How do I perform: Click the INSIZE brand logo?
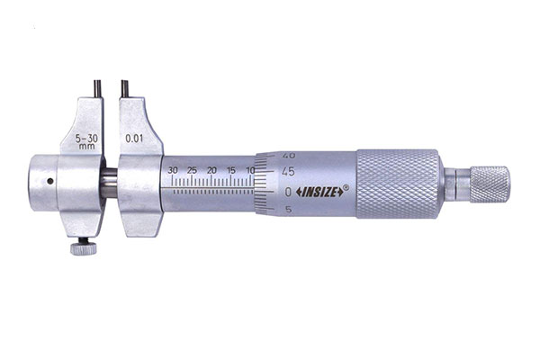point(319,193)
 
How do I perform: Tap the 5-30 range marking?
point(86,138)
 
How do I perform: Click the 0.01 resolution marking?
point(134,139)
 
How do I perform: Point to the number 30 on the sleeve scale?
point(173,170)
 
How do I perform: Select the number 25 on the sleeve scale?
point(193,170)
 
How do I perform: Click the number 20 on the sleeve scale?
point(211,170)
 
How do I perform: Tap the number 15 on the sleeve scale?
point(231,170)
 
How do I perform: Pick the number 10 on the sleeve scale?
point(250,170)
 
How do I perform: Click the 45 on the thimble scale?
point(288,172)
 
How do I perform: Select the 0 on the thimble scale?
point(288,193)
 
